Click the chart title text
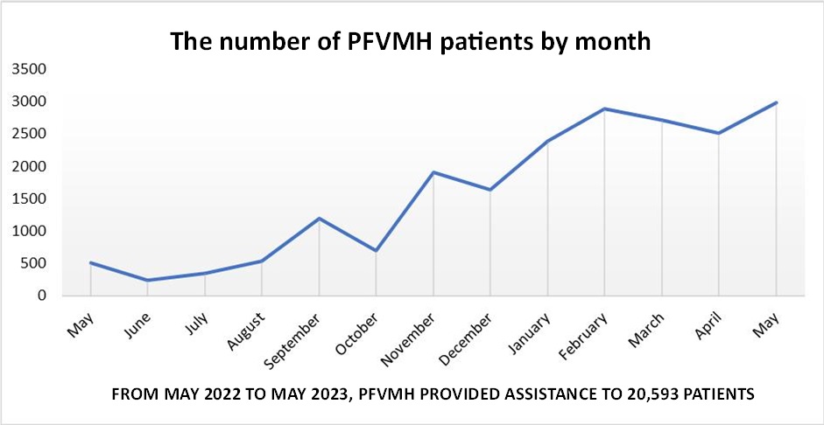coord(411,41)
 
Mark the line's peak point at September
coord(319,218)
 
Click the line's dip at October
coord(376,251)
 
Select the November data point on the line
coord(433,172)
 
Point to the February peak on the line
coord(604,108)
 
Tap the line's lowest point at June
coord(147,281)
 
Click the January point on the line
coord(547,141)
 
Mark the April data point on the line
coord(718,133)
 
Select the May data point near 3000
coord(775,102)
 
